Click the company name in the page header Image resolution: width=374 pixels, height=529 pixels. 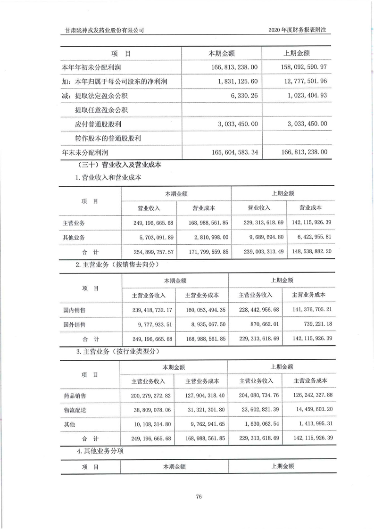tap(104, 30)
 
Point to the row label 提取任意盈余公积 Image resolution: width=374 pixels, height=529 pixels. tap(102, 110)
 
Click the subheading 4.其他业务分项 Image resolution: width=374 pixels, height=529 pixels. tap(101, 451)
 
